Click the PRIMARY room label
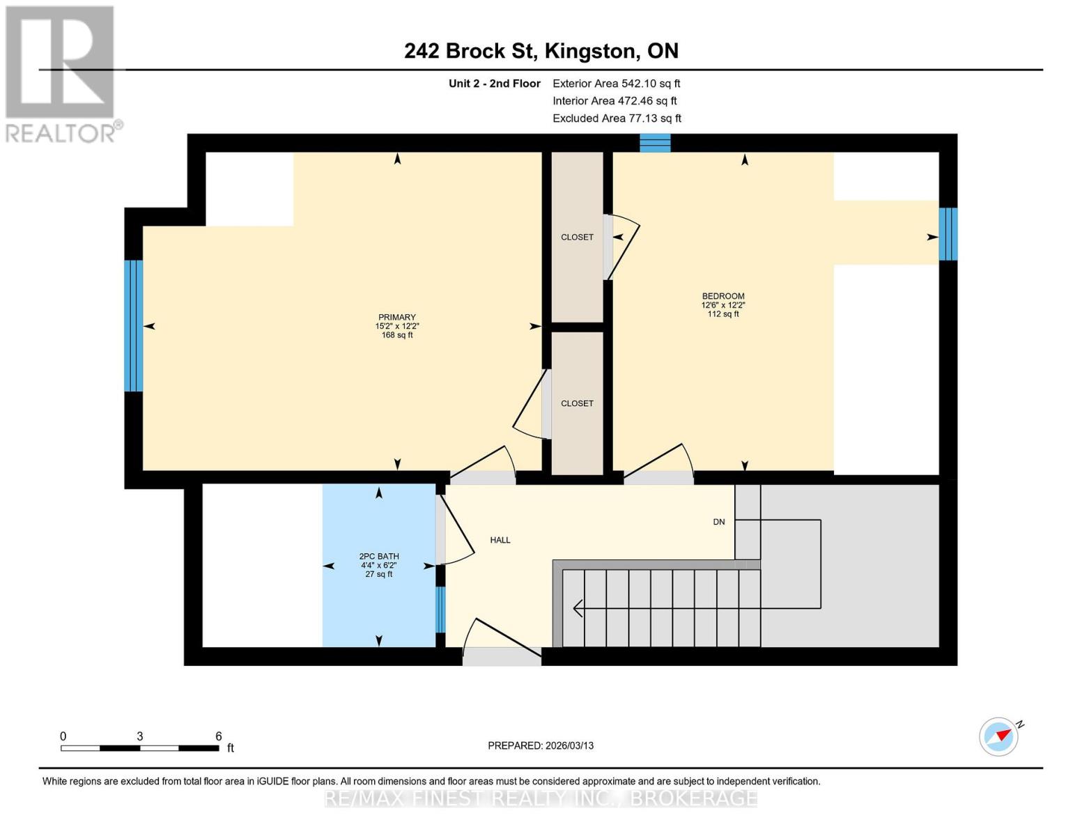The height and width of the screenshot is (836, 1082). tap(396, 318)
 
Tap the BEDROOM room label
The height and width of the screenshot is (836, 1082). tap(722, 296)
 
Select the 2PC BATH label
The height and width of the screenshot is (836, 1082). tap(379, 557)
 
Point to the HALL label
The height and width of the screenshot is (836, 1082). tap(500, 540)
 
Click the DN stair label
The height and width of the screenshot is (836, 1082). tap(719, 522)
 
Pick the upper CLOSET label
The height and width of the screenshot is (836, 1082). tap(577, 237)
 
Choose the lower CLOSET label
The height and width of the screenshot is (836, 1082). tap(577, 403)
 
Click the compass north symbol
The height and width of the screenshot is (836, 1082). tap(999, 736)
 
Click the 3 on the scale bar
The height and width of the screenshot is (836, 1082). tap(140, 736)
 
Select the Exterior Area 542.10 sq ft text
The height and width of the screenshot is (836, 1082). tap(616, 84)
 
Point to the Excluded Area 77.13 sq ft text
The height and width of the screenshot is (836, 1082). tap(617, 118)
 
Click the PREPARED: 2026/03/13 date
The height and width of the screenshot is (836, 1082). tap(541, 745)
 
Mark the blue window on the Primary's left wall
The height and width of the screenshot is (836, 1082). tap(134, 325)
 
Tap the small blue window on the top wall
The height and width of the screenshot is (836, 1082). tap(655, 143)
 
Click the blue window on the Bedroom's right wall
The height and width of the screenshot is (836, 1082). tap(948, 234)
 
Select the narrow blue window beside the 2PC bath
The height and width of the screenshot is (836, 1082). tap(440, 609)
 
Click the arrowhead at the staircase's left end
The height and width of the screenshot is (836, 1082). tap(578, 608)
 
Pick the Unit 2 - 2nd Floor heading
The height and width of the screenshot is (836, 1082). tap(494, 84)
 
